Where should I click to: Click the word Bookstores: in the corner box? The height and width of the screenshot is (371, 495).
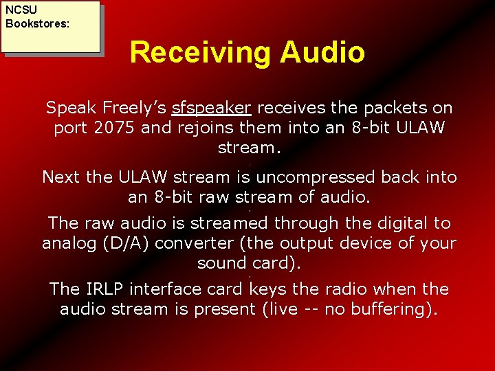(x=37, y=23)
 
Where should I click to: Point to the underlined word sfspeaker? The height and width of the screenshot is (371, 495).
(x=212, y=108)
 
